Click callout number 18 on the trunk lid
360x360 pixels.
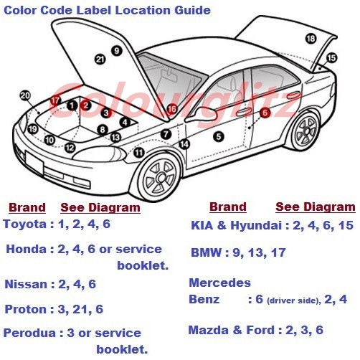311,39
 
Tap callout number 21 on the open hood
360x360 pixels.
100,60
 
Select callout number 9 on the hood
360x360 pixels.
117,51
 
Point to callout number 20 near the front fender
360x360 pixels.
25,95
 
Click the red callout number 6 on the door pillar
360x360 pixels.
265,113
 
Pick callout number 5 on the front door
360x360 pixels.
219,137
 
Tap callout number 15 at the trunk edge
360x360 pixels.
331,58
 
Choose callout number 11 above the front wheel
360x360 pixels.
139,153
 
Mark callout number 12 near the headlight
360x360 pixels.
70,148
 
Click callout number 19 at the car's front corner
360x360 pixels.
33,129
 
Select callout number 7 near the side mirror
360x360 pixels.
166,134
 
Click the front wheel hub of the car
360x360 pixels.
161,178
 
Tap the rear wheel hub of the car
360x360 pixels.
306,131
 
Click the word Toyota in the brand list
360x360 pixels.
25,224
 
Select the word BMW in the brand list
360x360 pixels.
206,252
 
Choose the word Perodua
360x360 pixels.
29,333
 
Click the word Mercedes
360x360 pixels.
219,283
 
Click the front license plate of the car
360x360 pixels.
34,163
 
